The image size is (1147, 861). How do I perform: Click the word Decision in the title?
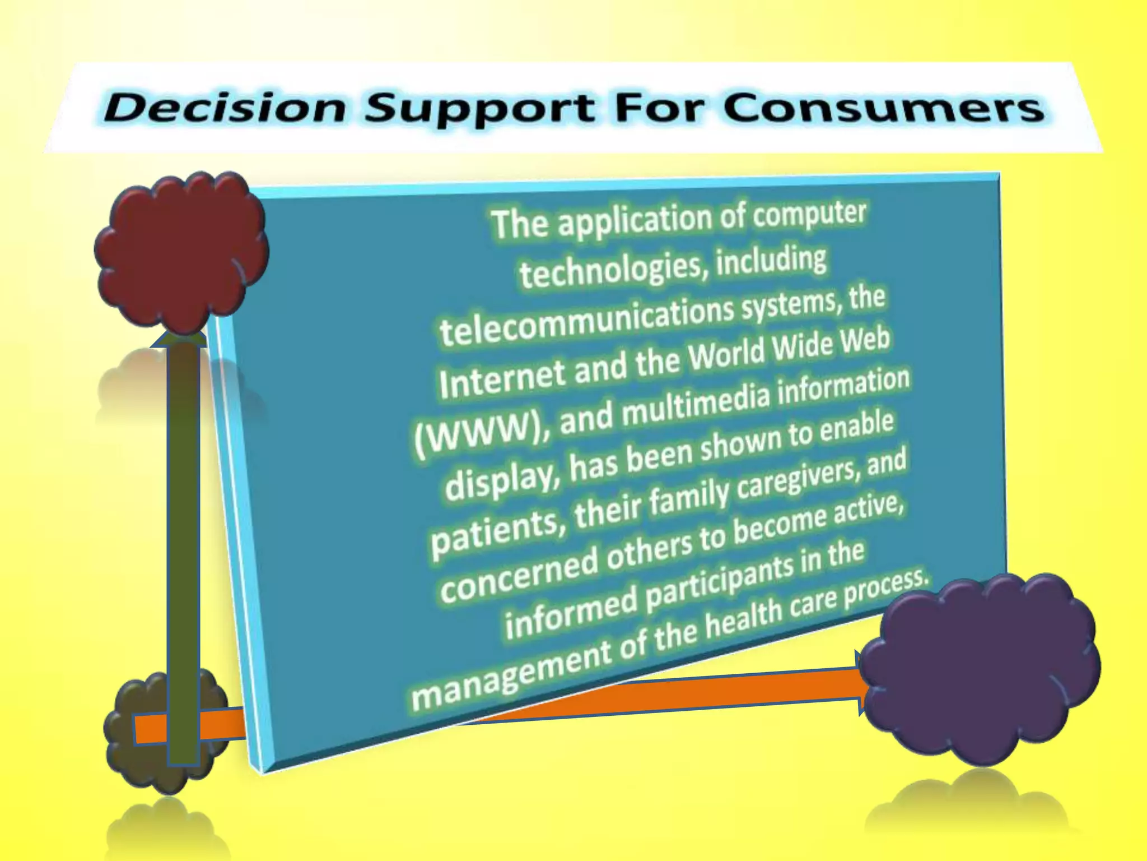click(x=224, y=108)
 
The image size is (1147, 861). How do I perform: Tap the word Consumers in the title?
click(x=883, y=108)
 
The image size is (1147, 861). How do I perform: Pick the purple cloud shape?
click(x=980, y=667)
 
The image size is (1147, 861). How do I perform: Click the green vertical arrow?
click(x=183, y=533)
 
